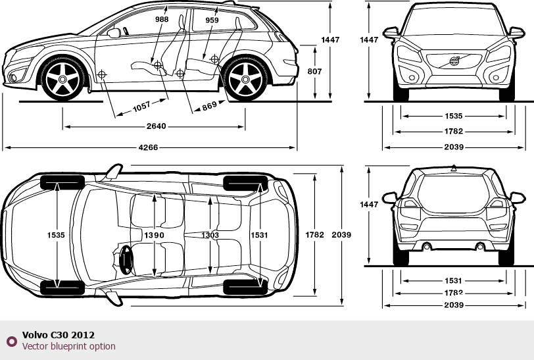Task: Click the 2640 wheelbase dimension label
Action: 156,126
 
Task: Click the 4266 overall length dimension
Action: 149,147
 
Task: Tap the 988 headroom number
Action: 162,20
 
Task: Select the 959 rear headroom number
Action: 212,20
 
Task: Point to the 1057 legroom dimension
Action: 141,105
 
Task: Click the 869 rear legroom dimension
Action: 209,105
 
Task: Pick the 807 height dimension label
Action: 314,71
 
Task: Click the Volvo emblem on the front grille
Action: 454,62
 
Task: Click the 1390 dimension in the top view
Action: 155,235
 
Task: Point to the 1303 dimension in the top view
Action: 210,235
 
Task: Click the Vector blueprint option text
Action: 68,346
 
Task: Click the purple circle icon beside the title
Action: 11,341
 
